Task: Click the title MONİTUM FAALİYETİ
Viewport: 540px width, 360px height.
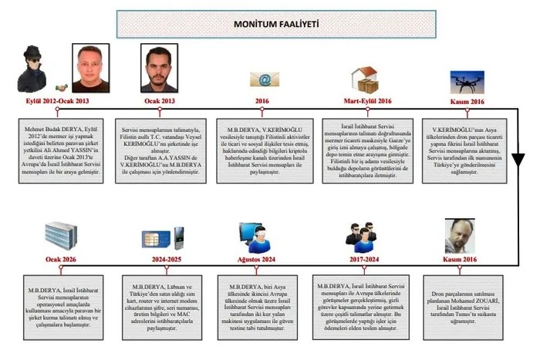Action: pyautogui.click(x=271, y=25)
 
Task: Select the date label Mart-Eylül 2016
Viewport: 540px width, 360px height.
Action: pyautogui.click(x=366, y=101)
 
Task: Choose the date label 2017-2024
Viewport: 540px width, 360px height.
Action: pyautogui.click(x=366, y=260)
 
